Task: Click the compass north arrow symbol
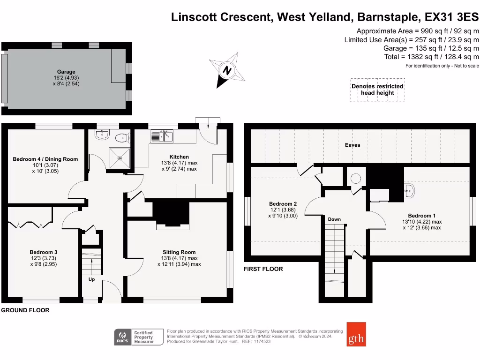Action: pos(227,70)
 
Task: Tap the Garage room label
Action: pos(66,72)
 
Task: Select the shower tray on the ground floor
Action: pos(120,158)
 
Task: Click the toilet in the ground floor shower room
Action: pos(122,138)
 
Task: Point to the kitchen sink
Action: pos(162,136)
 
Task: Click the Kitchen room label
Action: pos(179,157)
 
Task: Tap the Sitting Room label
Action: pos(179,252)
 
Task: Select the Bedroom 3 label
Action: pos(44,252)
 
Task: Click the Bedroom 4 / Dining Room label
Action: pos(45,159)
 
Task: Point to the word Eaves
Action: pos(352,145)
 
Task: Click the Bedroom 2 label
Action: pos(283,204)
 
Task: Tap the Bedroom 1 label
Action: pos(421,216)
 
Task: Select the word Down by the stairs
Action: pos(334,219)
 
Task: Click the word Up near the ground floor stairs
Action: pos(91,279)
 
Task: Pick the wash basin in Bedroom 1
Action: pos(409,191)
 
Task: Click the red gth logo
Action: pos(356,334)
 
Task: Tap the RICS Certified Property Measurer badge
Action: pos(139,337)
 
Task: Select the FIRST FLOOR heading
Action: pos(263,269)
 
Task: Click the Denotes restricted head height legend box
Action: pos(377,90)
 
